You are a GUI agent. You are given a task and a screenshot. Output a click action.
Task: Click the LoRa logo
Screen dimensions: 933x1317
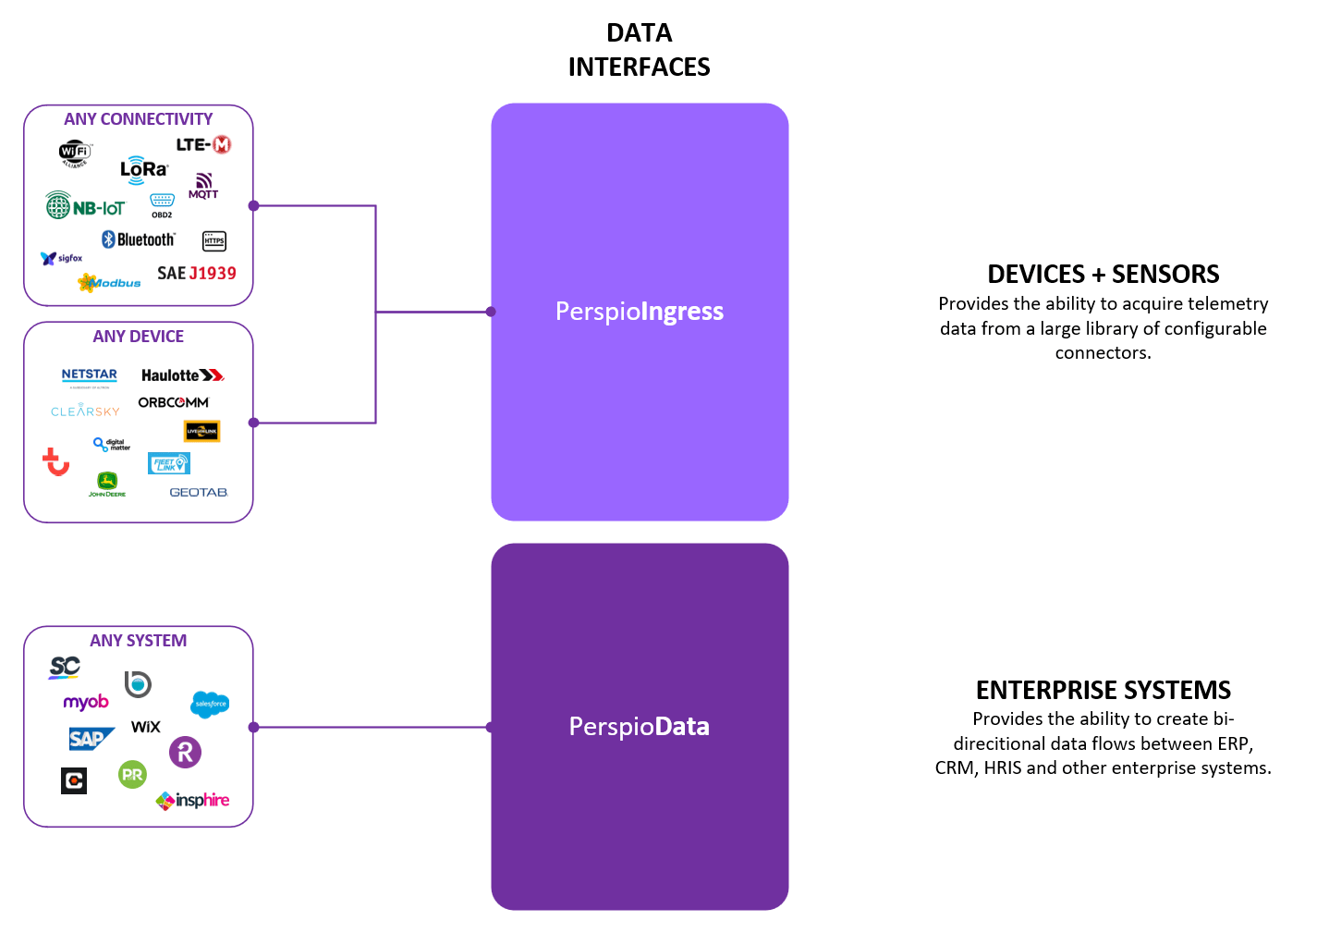click(144, 170)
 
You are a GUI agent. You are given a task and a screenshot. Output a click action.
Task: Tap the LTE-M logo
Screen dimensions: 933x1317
click(203, 144)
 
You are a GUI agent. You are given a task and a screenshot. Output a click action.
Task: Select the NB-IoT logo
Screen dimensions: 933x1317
click(85, 206)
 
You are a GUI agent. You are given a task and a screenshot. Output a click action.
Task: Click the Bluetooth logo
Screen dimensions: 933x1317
click(139, 239)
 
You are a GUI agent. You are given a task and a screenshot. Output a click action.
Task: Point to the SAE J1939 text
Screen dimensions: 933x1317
click(197, 273)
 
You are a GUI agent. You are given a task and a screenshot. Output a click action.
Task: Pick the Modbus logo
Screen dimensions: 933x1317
click(110, 282)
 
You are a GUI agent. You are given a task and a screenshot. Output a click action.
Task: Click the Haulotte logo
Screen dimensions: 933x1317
click(182, 374)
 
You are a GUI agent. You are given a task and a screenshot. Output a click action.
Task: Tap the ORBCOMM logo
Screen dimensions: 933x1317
click(174, 402)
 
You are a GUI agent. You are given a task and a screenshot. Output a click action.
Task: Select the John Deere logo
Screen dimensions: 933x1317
click(107, 484)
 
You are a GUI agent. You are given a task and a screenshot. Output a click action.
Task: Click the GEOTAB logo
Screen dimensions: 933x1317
click(199, 492)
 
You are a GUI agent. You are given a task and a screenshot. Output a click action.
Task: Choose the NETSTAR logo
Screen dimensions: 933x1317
click(90, 375)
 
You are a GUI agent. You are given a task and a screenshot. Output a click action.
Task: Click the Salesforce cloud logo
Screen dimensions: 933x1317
click(210, 704)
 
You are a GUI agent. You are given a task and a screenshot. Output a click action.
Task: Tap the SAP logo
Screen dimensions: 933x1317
click(91, 738)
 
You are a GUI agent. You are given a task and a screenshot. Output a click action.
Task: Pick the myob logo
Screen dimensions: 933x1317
click(86, 702)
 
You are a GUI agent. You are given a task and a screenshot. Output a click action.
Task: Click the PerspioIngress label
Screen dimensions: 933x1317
click(640, 312)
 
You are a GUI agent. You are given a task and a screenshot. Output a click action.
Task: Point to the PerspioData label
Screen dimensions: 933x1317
click(640, 727)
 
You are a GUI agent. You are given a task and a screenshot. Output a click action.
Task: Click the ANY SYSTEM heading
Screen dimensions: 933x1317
click(139, 641)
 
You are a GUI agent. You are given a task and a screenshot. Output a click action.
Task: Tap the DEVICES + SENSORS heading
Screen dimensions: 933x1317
click(1103, 275)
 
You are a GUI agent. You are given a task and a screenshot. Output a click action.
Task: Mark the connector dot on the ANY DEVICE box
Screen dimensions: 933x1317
click(254, 423)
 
